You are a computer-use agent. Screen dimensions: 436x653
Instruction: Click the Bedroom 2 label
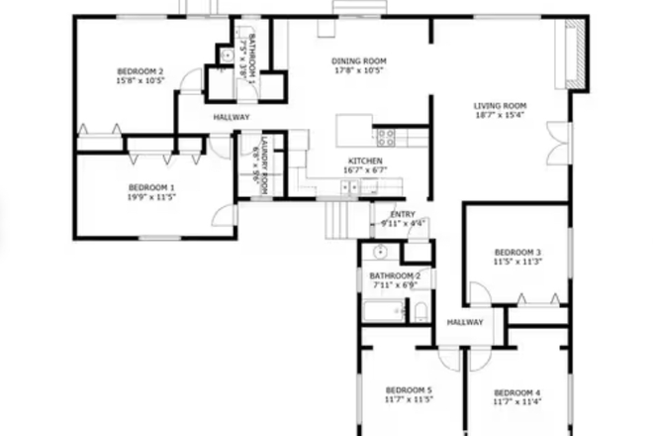click(140, 71)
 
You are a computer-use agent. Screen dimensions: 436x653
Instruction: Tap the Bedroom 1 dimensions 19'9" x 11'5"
click(151, 197)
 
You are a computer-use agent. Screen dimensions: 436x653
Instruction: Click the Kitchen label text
click(364, 162)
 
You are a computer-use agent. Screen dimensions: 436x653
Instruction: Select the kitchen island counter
click(352, 130)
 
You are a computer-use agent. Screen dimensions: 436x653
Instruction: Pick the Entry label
click(403, 214)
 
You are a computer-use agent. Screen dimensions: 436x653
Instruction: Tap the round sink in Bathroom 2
click(381, 252)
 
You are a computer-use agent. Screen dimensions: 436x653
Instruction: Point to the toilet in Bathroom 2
click(420, 313)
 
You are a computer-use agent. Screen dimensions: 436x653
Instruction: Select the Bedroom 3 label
click(517, 252)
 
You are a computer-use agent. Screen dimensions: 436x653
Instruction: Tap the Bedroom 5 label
click(408, 391)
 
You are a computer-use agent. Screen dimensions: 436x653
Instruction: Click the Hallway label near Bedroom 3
click(464, 322)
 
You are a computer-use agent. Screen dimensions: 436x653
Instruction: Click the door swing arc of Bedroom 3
click(478, 292)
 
